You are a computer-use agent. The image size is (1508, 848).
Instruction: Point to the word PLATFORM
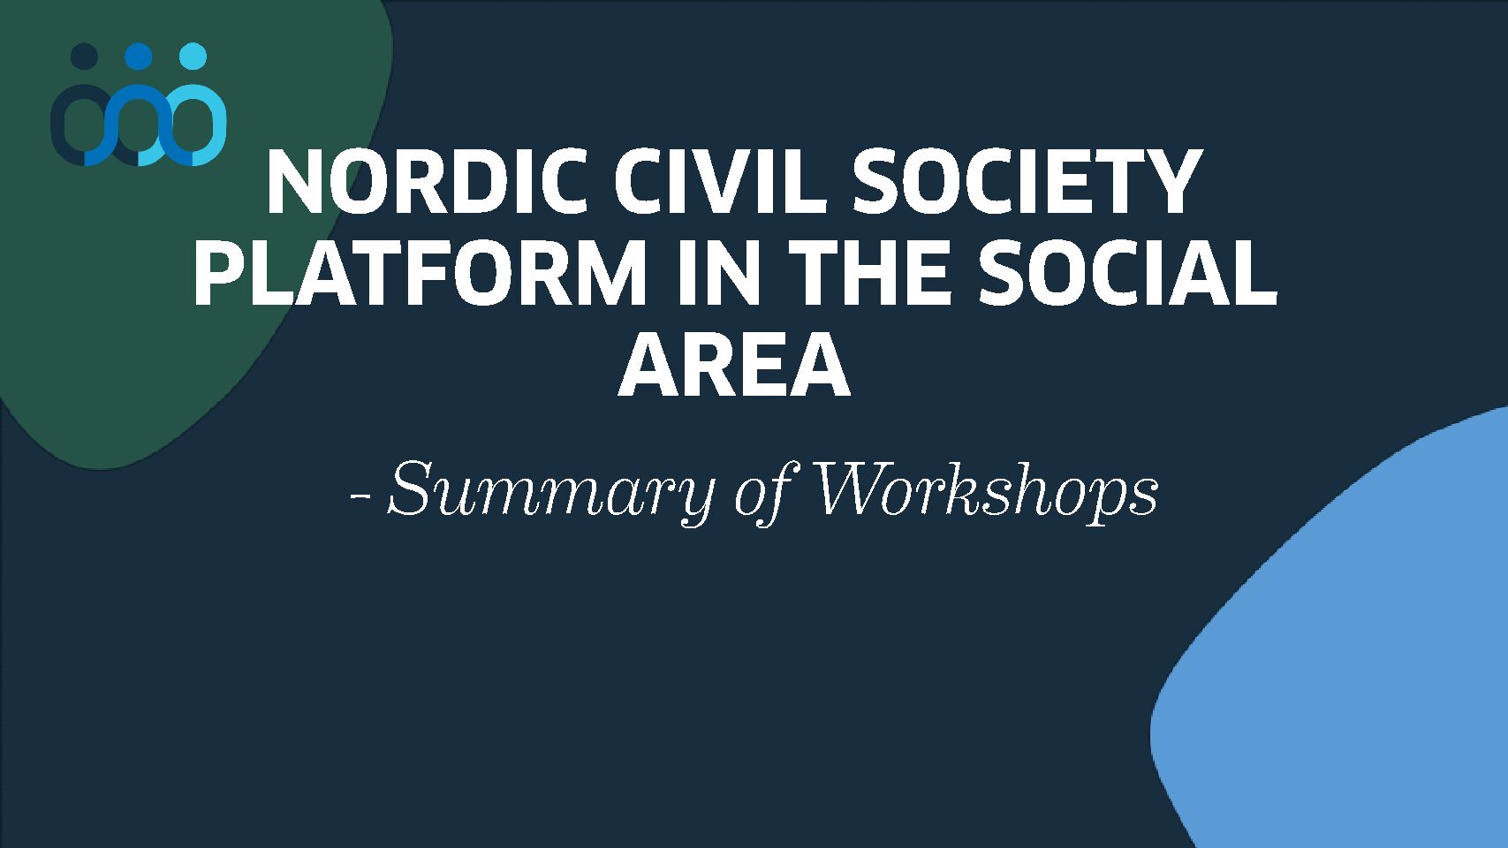tap(420, 274)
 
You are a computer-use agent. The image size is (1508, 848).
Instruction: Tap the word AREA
tap(734, 366)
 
